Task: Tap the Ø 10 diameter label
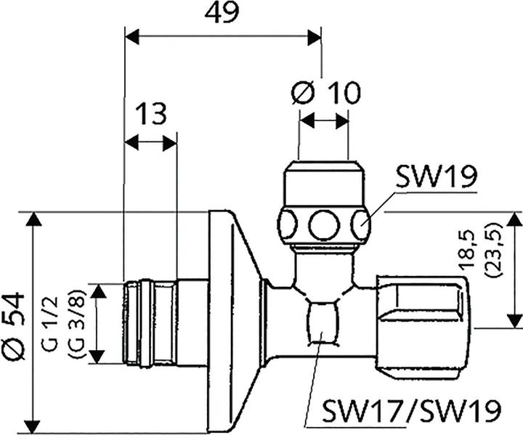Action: (x=325, y=92)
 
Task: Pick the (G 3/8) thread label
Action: (x=75, y=324)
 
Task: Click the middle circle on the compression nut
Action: (x=323, y=224)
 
